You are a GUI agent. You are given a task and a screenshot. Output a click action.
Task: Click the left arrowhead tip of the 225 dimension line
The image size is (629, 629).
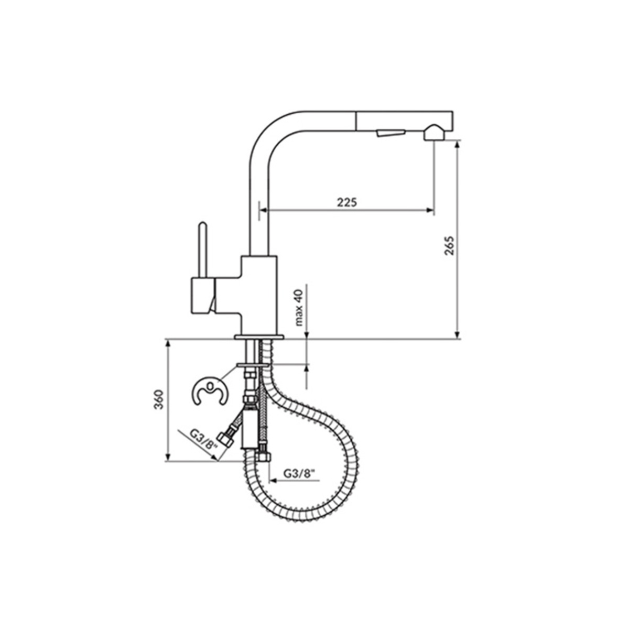260,210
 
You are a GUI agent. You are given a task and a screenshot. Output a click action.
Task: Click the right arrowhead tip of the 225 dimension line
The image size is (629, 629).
434,210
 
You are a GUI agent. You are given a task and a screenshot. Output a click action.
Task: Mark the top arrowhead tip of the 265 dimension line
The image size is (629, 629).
457,140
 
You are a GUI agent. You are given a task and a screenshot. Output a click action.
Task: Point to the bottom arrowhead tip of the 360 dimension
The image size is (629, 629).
168,461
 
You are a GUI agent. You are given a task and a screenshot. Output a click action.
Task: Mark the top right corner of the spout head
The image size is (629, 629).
453,112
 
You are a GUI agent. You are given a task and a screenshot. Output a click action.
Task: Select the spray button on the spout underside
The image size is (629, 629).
391,133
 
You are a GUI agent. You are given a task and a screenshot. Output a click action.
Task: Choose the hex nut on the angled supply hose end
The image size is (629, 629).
226,440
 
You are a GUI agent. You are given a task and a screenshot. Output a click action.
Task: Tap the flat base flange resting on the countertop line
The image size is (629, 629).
259,337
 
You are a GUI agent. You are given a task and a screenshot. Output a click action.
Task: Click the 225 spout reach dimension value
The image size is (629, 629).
347,202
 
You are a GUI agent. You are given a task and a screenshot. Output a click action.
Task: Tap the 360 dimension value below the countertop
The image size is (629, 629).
159,399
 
